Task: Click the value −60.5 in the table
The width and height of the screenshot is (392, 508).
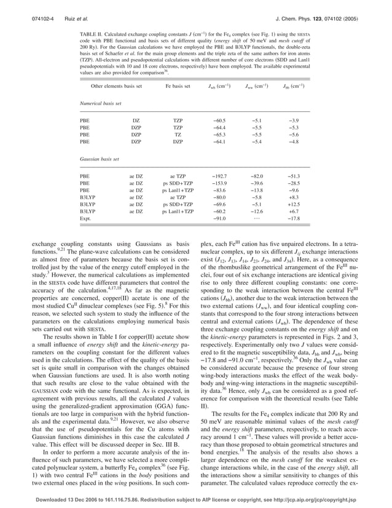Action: pyautogui.click(x=219, y=121)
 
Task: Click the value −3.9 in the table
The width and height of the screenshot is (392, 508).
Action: pyautogui.click(x=296, y=121)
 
